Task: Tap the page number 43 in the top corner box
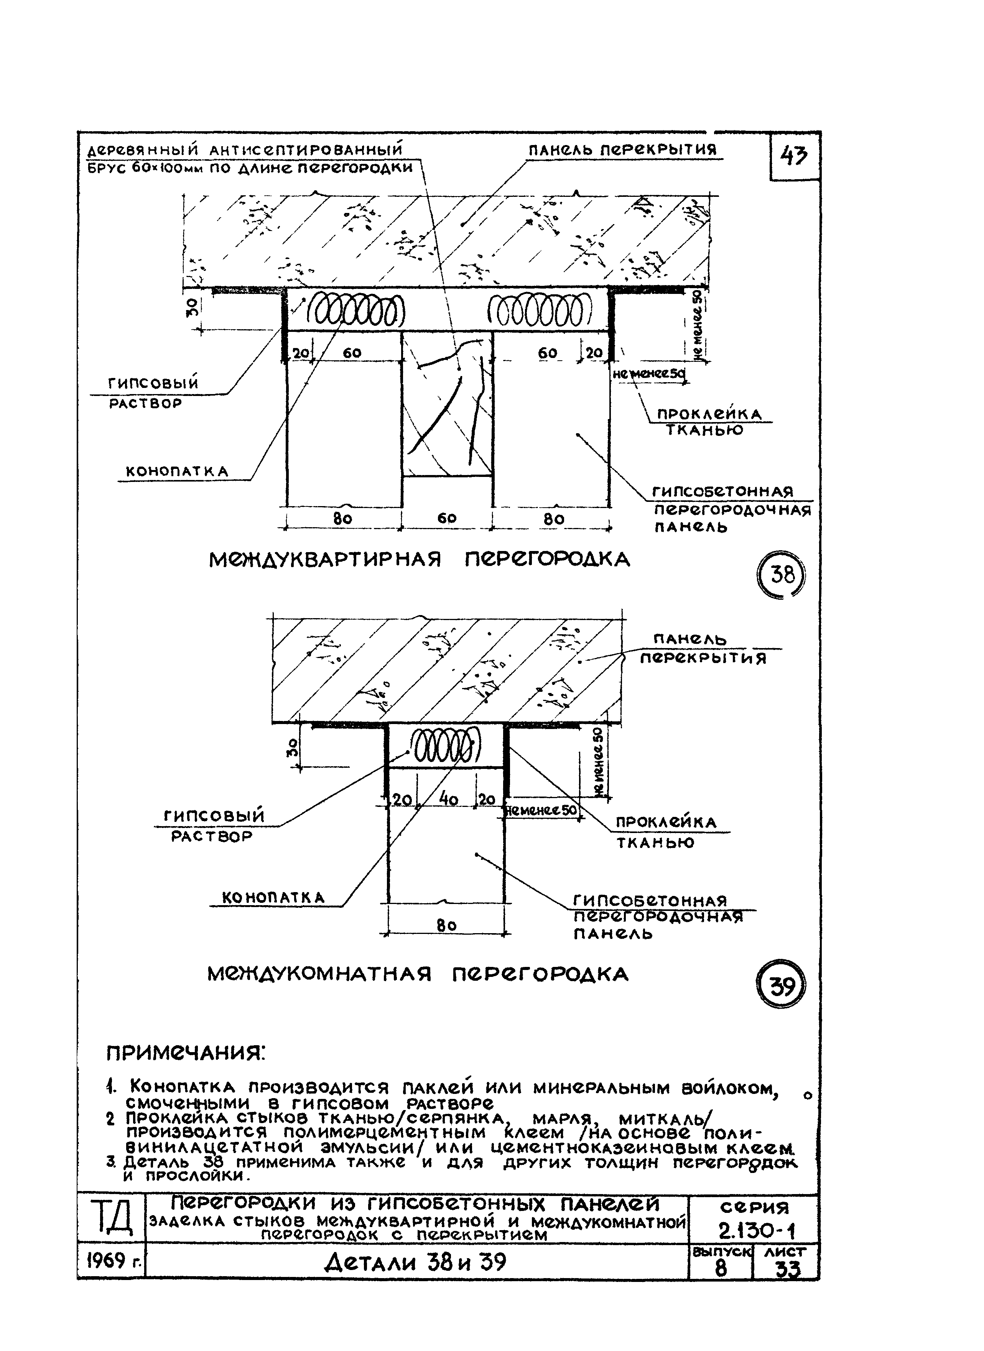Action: pyautogui.click(x=795, y=157)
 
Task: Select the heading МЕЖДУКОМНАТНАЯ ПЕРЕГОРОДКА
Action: pyautogui.click(x=418, y=974)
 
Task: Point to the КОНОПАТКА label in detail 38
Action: pyautogui.click(x=177, y=472)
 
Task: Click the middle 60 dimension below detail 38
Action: pyautogui.click(x=447, y=518)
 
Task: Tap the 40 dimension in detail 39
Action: pyautogui.click(x=448, y=799)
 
